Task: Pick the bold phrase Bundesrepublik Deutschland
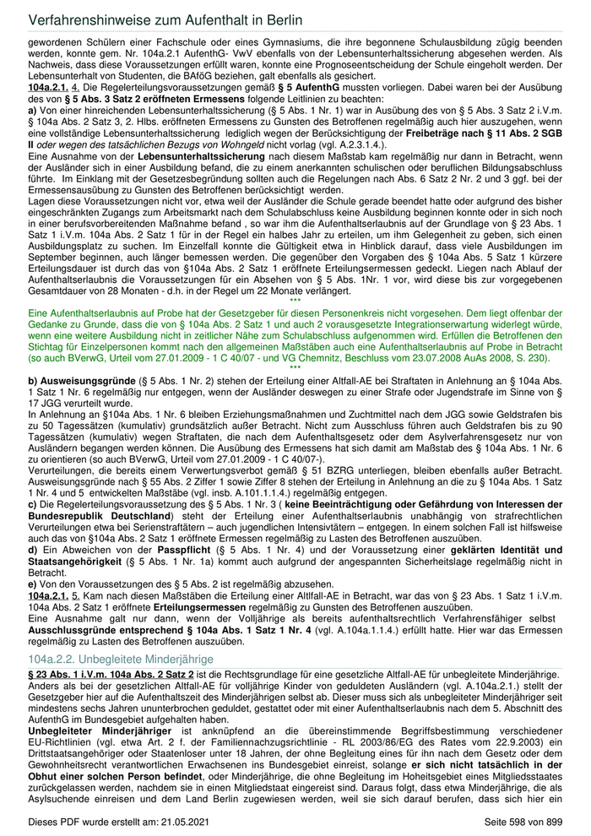click(100, 515)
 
